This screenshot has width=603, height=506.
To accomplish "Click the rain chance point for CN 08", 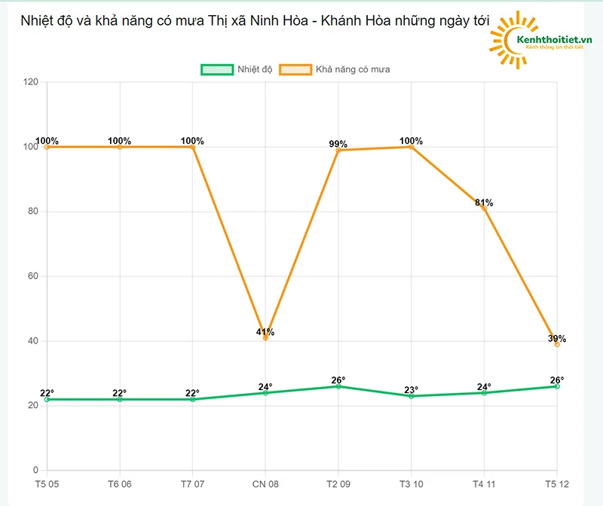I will pyautogui.click(x=265, y=338).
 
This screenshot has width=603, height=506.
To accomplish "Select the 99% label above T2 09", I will pyautogui.click(x=338, y=144).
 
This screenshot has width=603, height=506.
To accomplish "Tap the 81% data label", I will pyautogui.click(x=484, y=203).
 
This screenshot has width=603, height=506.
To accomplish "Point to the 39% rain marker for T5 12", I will pyautogui.click(x=557, y=344).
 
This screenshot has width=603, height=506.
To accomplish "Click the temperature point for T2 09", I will pyautogui.click(x=338, y=386).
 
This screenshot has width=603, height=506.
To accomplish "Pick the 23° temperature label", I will pyautogui.click(x=412, y=390).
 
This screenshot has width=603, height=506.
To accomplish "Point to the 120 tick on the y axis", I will pyautogui.click(x=31, y=82).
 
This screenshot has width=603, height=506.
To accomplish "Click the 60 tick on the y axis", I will pyautogui.click(x=33, y=276).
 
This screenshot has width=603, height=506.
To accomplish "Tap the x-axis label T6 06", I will pyautogui.click(x=119, y=483).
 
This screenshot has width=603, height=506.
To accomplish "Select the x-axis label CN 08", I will pyautogui.click(x=265, y=483).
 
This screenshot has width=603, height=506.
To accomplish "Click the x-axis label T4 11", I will pyautogui.click(x=484, y=483).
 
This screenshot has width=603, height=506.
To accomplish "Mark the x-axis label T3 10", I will pyautogui.click(x=411, y=483).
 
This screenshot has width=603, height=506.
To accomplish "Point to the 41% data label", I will pyautogui.click(x=265, y=331).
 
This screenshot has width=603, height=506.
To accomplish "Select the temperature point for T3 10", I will pyautogui.click(x=412, y=396).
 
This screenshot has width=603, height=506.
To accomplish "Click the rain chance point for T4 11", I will pyautogui.click(x=484, y=208).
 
